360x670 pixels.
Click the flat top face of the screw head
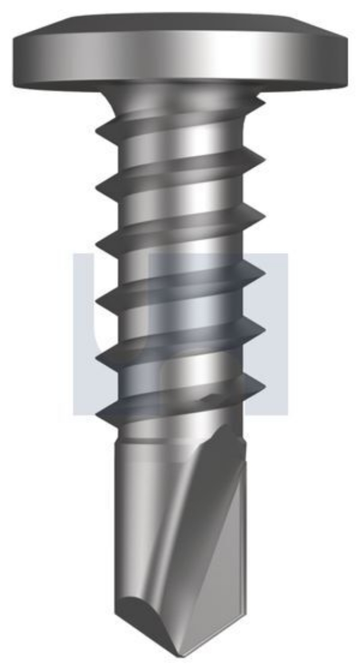pyautogui.click(x=180, y=26)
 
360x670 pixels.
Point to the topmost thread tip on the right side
pyautogui.click(x=264, y=104)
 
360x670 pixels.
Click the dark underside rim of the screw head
pyautogui.click(x=180, y=85)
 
